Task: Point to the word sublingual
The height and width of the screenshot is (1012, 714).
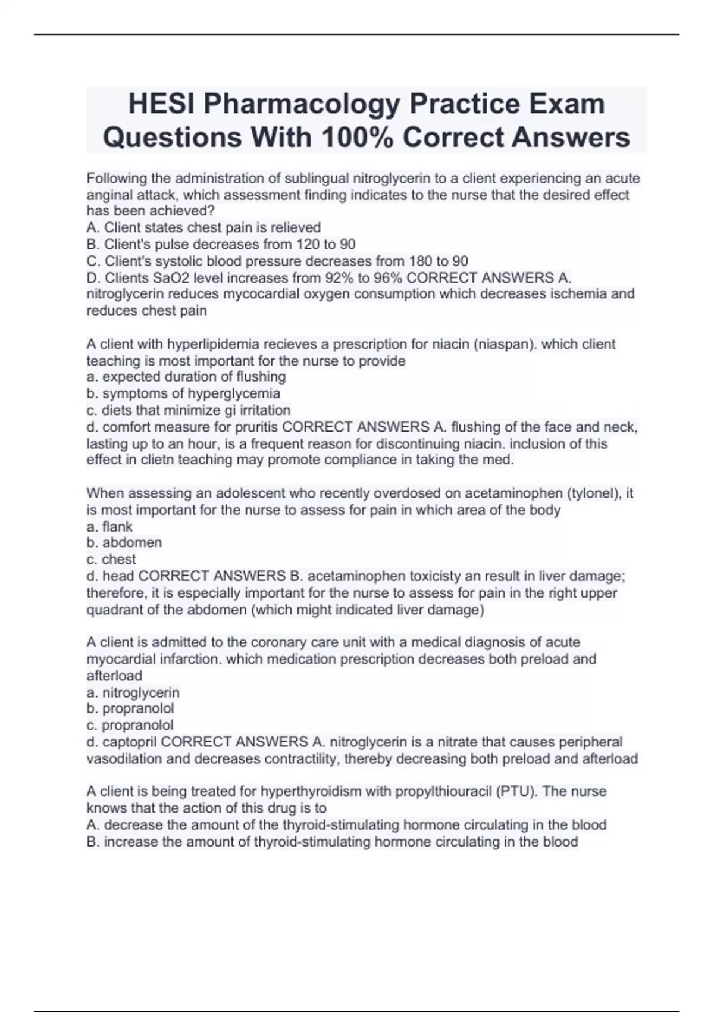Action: pyautogui.click(x=317, y=179)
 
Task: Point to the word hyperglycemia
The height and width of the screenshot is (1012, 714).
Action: pyautogui.click(x=234, y=393)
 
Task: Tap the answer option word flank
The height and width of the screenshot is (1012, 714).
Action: pyautogui.click(x=117, y=526)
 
